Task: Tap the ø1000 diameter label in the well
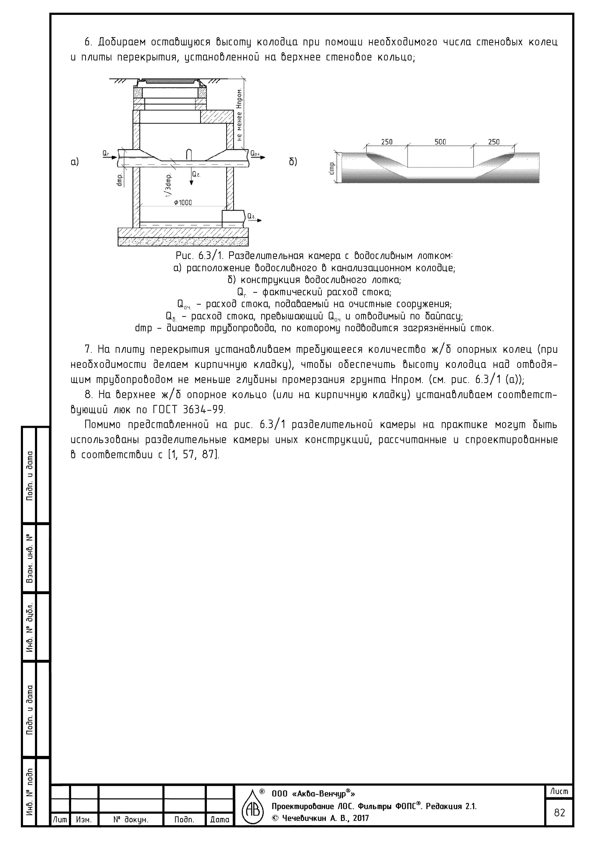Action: click(183, 202)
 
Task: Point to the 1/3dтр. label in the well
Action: click(168, 185)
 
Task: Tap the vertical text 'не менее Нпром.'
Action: click(239, 115)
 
